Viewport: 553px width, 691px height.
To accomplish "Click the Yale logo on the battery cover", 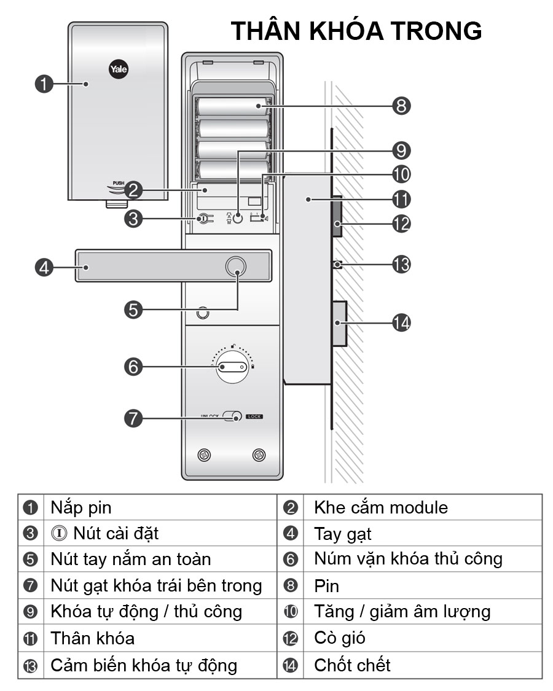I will pos(118,69).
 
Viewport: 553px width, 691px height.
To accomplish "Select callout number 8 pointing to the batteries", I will pos(401,106).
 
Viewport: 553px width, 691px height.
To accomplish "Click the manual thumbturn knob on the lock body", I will pos(232,367).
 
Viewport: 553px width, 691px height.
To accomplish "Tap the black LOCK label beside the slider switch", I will pos(254,416).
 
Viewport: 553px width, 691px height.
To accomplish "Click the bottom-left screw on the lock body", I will pos(204,455).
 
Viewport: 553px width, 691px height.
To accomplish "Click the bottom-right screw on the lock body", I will pos(259,455).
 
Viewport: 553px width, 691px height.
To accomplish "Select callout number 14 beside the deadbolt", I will pos(401,322).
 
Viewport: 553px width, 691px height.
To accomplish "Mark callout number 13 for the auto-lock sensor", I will pos(401,265).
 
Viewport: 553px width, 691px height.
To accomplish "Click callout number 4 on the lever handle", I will pos(44,267).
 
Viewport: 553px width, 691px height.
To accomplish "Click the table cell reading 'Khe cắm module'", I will pos(380,508).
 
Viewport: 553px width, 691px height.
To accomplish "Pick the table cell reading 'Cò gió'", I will pos(339,638).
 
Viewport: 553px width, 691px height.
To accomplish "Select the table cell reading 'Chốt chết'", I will pos(352,665).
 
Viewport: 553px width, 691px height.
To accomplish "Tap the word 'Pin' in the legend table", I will pos(326,586).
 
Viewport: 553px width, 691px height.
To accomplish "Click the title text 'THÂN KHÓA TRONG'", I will pos(356,31).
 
